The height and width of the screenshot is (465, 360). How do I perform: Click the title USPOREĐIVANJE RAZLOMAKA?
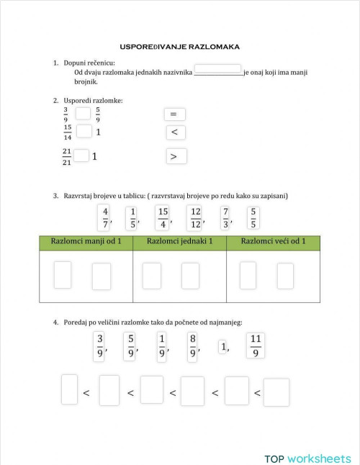pyautogui.click(x=179, y=47)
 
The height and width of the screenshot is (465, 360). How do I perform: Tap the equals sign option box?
pyautogui.click(x=174, y=114)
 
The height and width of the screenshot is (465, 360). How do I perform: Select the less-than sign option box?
pyautogui.click(x=176, y=132)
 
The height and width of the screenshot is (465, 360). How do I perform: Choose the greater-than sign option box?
pyautogui.click(x=176, y=155)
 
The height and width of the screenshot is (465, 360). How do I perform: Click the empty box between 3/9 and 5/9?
pyautogui.click(x=83, y=113)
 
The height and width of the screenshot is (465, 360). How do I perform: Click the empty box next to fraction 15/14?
pyautogui.click(x=84, y=131)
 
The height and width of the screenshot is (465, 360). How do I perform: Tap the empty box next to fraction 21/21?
pyautogui.click(x=81, y=155)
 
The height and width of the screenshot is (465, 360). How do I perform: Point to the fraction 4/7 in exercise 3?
pyautogui.click(x=104, y=217)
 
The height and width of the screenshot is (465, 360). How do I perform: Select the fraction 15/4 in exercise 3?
pyautogui.click(x=163, y=217)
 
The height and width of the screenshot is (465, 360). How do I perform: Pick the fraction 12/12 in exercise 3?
pyautogui.click(x=194, y=217)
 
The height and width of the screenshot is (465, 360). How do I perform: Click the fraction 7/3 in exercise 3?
pyautogui.click(x=225, y=217)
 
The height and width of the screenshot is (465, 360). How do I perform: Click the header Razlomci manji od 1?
pyautogui.click(x=86, y=241)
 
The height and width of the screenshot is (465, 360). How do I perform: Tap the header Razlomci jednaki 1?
pyautogui.click(x=179, y=241)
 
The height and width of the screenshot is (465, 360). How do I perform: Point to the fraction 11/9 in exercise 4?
pyautogui.click(x=256, y=345)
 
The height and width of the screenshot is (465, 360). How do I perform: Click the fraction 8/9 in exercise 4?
pyautogui.click(x=193, y=345)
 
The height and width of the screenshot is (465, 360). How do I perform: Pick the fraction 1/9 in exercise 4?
pyautogui.click(x=162, y=345)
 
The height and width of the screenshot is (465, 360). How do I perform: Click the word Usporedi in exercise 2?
pyautogui.click(x=78, y=100)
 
